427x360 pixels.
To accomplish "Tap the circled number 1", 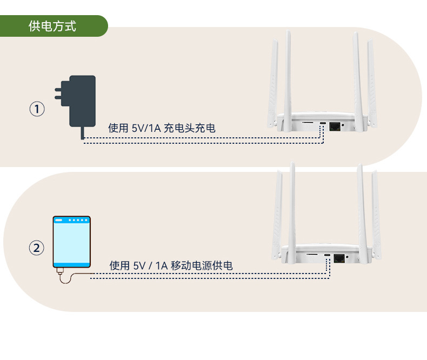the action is tap(37, 110).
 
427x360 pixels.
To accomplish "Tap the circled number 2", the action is tap(37, 248).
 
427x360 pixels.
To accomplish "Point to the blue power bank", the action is tap(71, 242).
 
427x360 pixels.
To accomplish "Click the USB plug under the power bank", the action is tap(60, 269).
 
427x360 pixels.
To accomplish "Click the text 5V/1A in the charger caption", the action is tap(146, 128).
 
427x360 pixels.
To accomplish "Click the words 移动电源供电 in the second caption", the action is tap(202, 265).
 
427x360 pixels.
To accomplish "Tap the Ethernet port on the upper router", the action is tap(334, 126).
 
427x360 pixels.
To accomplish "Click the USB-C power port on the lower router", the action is tap(328, 255).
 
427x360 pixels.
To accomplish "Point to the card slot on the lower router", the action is tap(312, 254).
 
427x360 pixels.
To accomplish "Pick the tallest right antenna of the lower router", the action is tap(361, 211).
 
